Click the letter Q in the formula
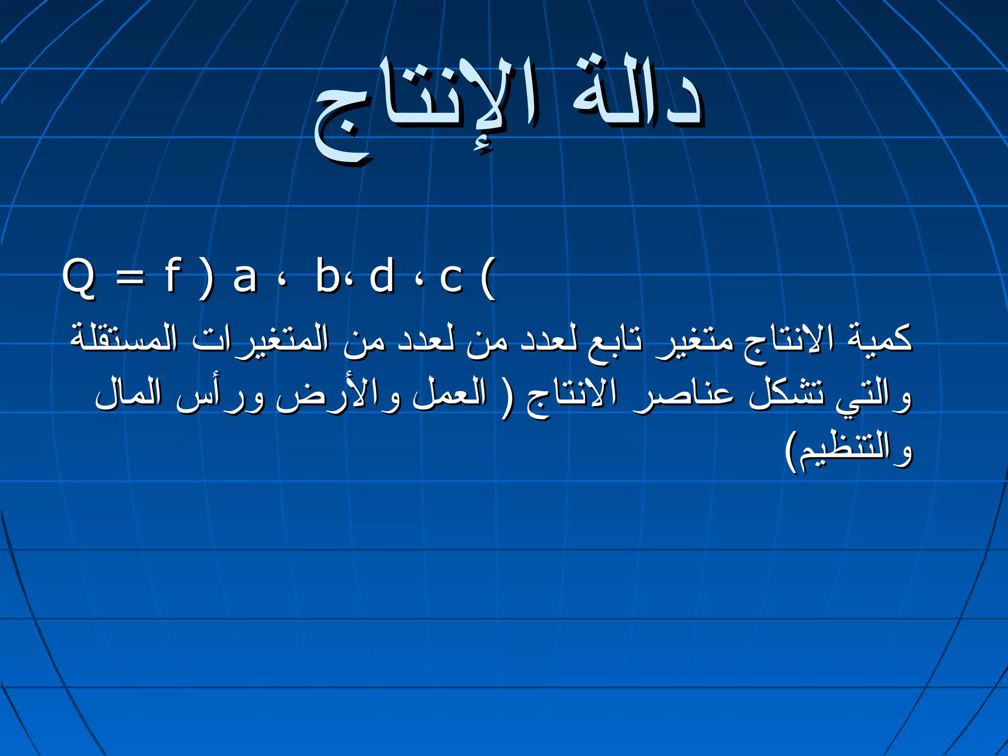79,278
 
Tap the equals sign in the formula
130,278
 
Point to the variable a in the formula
245,278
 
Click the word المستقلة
123,339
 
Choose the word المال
128,394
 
